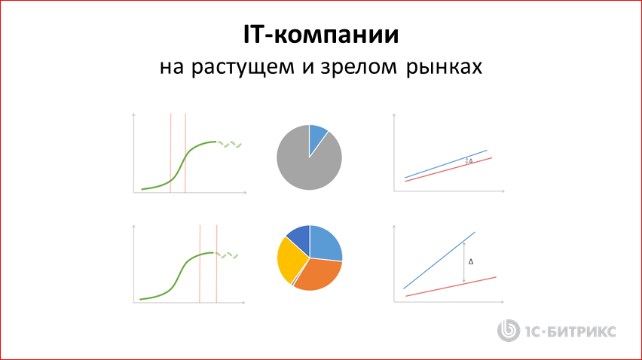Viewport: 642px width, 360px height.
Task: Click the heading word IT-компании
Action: (321, 35)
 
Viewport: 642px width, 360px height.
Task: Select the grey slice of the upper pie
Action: (305, 166)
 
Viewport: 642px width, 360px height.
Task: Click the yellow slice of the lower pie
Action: (289, 260)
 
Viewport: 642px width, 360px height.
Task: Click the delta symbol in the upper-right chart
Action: (471, 161)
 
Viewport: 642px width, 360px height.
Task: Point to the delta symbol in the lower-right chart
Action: (471, 262)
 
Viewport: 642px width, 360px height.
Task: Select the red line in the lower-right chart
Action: (452, 286)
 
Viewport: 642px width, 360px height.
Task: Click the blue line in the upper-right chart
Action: (445, 164)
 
